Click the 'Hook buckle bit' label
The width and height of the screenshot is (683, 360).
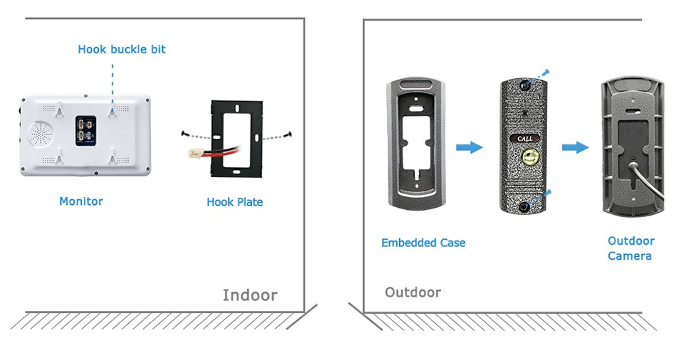pyautogui.click(x=122, y=49)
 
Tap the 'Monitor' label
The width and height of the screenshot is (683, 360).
pyautogui.click(x=81, y=201)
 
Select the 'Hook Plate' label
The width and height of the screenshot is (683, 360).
pyautogui.click(x=235, y=202)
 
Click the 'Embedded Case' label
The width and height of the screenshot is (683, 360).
pyautogui.click(x=423, y=243)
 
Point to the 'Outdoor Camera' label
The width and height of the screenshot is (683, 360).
pyautogui.click(x=631, y=248)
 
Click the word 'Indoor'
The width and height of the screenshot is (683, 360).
pyautogui.click(x=250, y=295)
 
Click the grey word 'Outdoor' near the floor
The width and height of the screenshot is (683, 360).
pyautogui.click(x=413, y=292)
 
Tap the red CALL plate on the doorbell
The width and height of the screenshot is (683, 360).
pyautogui.click(x=524, y=139)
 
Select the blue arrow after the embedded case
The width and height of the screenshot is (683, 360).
pyautogui.click(x=470, y=147)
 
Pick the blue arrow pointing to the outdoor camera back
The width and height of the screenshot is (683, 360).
pyautogui.click(x=575, y=147)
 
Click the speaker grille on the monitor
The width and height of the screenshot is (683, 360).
pyautogui.click(x=41, y=134)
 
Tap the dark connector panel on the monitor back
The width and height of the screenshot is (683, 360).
pyautogui.click(x=86, y=130)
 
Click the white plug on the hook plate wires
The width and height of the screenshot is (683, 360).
pyautogui.click(x=194, y=154)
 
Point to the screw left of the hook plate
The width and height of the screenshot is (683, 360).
pyautogui.click(x=184, y=133)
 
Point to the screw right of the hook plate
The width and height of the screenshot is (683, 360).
pyautogui.click(x=289, y=134)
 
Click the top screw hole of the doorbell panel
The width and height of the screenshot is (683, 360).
pyautogui.click(x=525, y=86)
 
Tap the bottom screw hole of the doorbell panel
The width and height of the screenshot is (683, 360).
pyautogui.click(x=524, y=206)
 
